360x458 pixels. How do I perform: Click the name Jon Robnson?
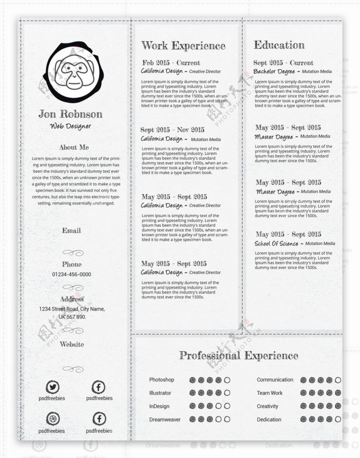coord(70,114)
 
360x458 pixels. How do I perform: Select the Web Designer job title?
coord(70,126)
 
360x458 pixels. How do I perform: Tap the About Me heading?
coord(74,148)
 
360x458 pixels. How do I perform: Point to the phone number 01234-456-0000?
coord(71,275)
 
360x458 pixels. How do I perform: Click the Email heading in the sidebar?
coord(71,231)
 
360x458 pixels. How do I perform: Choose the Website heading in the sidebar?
coord(72,344)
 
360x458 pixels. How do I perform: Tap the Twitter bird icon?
coord(52,387)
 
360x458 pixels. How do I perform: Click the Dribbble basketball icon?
coord(53,419)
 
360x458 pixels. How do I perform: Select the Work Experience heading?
coord(183,46)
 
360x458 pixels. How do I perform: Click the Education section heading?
coord(279,45)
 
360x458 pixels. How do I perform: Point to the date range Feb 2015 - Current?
coord(171,63)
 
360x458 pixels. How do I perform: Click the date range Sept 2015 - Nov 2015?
coord(172,130)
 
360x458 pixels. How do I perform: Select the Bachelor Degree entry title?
coord(274,71)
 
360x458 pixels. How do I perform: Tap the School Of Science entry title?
coord(276,244)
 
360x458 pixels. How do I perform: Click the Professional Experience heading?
coord(238,356)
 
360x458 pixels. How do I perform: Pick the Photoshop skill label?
coord(161,380)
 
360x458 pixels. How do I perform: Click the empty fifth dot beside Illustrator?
coord(227,393)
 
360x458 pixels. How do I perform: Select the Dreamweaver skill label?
coord(165,420)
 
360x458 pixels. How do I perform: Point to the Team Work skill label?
coord(269,393)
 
